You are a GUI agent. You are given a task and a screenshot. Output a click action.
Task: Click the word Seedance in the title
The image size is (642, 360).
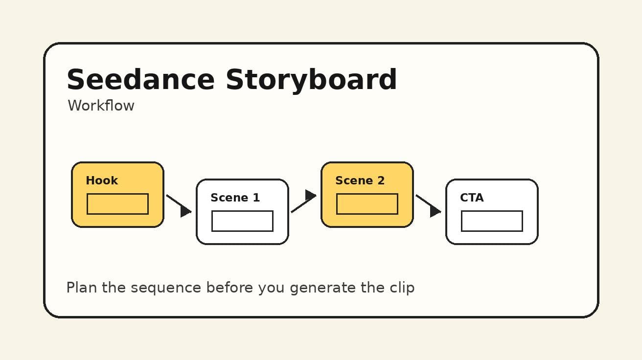pyautogui.click(x=140, y=80)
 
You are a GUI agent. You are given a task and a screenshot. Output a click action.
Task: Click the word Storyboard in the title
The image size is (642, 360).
pyautogui.click(x=311, y=80)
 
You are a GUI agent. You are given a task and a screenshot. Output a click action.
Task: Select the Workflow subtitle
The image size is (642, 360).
pyautogui.click(x=101, y=106)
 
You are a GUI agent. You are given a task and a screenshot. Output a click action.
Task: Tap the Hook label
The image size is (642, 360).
pyautogui.click(x=102, y=180)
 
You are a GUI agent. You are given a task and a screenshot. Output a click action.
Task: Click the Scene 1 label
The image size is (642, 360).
pyautogui.click(x=235, y=198)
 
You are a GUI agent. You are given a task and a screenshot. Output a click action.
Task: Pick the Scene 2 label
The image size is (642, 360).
pyautogui.click(x=360, y=180)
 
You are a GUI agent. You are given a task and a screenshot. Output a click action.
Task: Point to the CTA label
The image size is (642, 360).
pyautogui.click(x=472, y=198)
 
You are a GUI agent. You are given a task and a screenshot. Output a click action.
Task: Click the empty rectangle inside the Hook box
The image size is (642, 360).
pyautogui.click(x=117, y=204)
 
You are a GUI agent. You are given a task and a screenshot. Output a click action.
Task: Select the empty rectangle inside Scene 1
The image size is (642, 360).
pyautogui.click(x=242, y=221)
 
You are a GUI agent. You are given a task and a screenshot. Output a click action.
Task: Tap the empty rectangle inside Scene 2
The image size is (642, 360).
pyautogui.click(x=367, y=204)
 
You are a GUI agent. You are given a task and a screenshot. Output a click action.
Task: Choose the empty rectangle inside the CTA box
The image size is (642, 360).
pyautogui.click(x=492, y=221)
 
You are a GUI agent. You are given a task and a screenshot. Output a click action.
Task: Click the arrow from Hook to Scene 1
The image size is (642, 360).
pyautogui.click(x=179, y=204)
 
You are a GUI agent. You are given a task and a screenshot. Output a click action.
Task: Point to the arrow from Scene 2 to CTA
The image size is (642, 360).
pyautogui.click(x=429, y=204)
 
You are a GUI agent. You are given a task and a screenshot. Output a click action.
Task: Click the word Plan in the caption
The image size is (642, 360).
pyautogui.click(x=82, y=288)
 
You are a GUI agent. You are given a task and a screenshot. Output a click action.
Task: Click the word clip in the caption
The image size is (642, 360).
pyautogui.click(x=402, y=288)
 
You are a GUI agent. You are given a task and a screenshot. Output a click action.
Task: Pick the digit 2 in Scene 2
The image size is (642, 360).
pyautogui.click(x=381, y=180)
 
